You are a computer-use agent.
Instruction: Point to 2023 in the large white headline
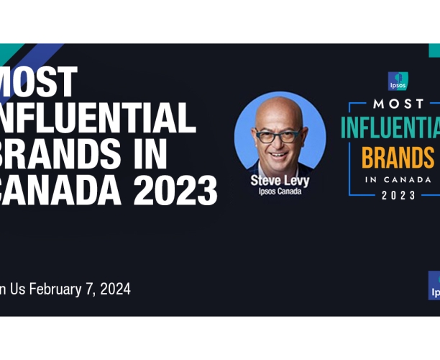click(175, 189)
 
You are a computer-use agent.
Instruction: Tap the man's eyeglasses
click(278, 135)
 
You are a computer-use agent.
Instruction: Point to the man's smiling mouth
click(278, 153)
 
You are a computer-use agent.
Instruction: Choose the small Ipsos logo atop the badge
click(398, 80)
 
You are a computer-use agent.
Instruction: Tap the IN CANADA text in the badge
click(398, 179)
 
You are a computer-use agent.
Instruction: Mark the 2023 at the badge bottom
click(398, 195)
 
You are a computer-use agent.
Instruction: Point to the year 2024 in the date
click(115, 289)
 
